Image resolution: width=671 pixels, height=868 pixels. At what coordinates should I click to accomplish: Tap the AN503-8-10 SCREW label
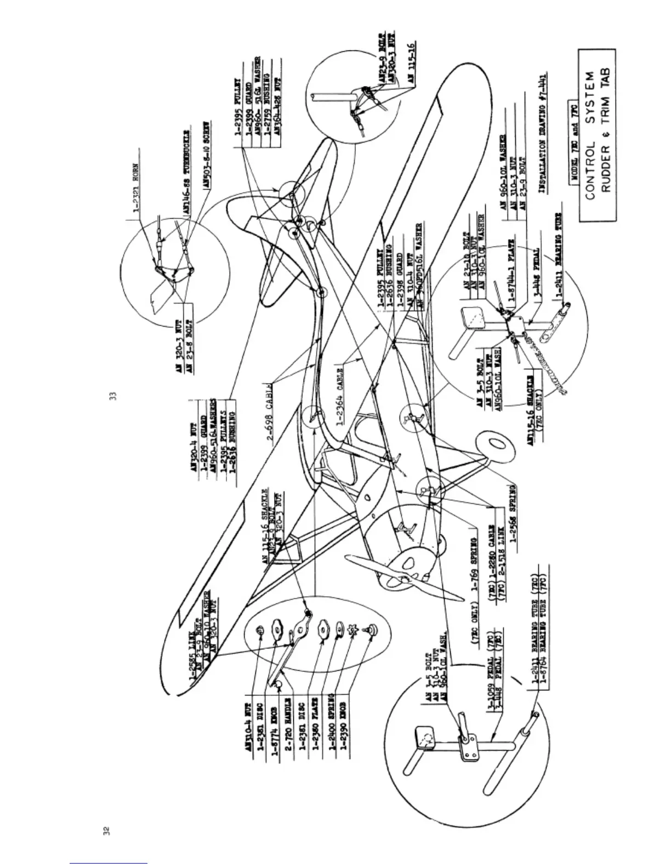point(207,155)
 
